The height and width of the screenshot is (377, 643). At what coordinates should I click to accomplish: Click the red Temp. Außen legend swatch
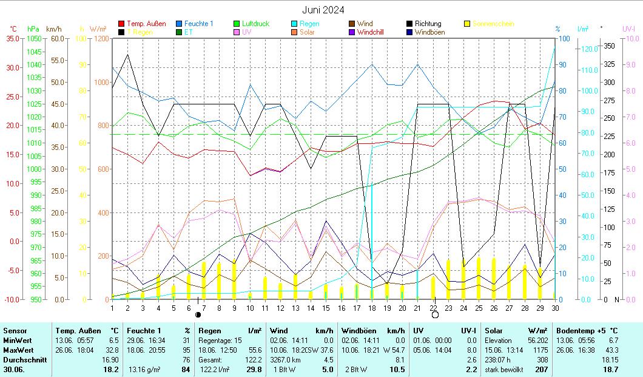pos(121,24)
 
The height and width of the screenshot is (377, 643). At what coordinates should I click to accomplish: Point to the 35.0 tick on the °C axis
pos(12,38)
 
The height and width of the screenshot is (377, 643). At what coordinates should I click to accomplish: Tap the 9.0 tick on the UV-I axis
pos(629,64)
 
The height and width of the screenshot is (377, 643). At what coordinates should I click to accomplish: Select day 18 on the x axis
pos(372,308)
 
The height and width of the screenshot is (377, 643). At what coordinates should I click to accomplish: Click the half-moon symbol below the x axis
pos(198,315)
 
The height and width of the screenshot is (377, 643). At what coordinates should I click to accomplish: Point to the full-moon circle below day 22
pos(434,315)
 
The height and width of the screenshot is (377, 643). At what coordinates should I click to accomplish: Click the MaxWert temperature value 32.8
pos(113,350)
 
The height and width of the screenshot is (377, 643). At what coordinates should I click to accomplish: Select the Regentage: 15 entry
pos(216,341)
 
